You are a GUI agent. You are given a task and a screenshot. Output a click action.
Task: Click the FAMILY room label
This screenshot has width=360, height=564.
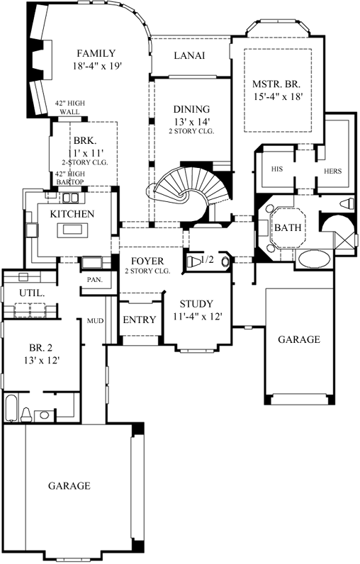point(97,54)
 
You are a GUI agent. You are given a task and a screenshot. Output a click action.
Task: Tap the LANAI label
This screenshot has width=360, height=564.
point(190,56)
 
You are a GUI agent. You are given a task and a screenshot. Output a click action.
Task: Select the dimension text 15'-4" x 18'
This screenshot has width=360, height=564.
point(278,98)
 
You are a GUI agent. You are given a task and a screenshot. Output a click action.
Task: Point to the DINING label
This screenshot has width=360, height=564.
point(191,109)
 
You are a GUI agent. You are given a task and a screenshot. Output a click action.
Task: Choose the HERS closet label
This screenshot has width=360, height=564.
point(332,171)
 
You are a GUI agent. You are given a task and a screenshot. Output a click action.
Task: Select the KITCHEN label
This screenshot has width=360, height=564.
point(72,214)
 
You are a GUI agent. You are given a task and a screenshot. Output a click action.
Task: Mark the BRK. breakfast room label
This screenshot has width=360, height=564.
point(84,140)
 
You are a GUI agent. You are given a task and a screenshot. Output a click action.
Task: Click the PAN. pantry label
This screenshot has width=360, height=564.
point(95,280)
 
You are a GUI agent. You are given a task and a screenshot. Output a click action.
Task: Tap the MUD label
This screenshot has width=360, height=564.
point(95,322)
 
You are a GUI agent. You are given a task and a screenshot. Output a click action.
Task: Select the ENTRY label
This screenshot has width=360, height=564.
point(139,320)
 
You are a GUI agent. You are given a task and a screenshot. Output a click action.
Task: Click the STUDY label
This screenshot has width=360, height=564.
point(196,304)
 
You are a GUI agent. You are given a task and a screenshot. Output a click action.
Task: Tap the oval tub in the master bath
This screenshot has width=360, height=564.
point(311,259)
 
